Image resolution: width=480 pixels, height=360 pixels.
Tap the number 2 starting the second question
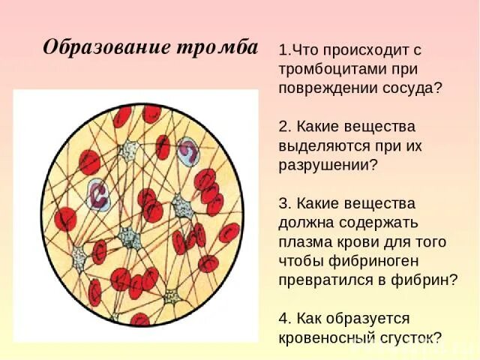pyautogui.click(x=282, y=127)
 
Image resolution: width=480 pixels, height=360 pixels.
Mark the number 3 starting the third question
pyautogui.click(x=282, y=203)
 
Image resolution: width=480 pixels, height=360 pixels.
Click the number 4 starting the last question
pyautogui.click(x=283, y=318)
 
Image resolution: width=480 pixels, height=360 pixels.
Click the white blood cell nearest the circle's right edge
pyautogui.click(x=187, y=152)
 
